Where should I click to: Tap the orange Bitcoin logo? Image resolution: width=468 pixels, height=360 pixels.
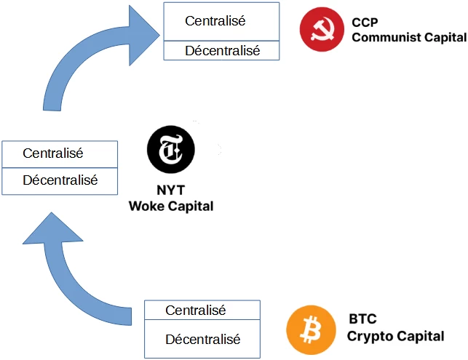coord(311,330)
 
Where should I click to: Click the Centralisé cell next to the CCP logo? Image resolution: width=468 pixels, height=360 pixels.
coord(221,21)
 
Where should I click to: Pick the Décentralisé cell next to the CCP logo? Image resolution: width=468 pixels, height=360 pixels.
coord(221,50)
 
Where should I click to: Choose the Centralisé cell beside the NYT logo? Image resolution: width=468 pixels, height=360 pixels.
coord(60,153)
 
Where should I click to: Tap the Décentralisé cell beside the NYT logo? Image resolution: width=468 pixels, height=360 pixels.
coord(60,180)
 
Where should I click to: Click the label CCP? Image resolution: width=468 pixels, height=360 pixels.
coord(365,22)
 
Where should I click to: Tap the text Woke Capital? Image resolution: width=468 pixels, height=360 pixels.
coord(170,206)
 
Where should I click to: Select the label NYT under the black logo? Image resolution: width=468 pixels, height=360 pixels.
coord(170,191)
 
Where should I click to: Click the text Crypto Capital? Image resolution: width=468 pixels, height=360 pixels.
coord(395,336)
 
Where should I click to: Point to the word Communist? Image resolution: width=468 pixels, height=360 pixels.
coord(381,36)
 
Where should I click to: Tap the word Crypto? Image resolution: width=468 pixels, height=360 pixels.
coord(370,336)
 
